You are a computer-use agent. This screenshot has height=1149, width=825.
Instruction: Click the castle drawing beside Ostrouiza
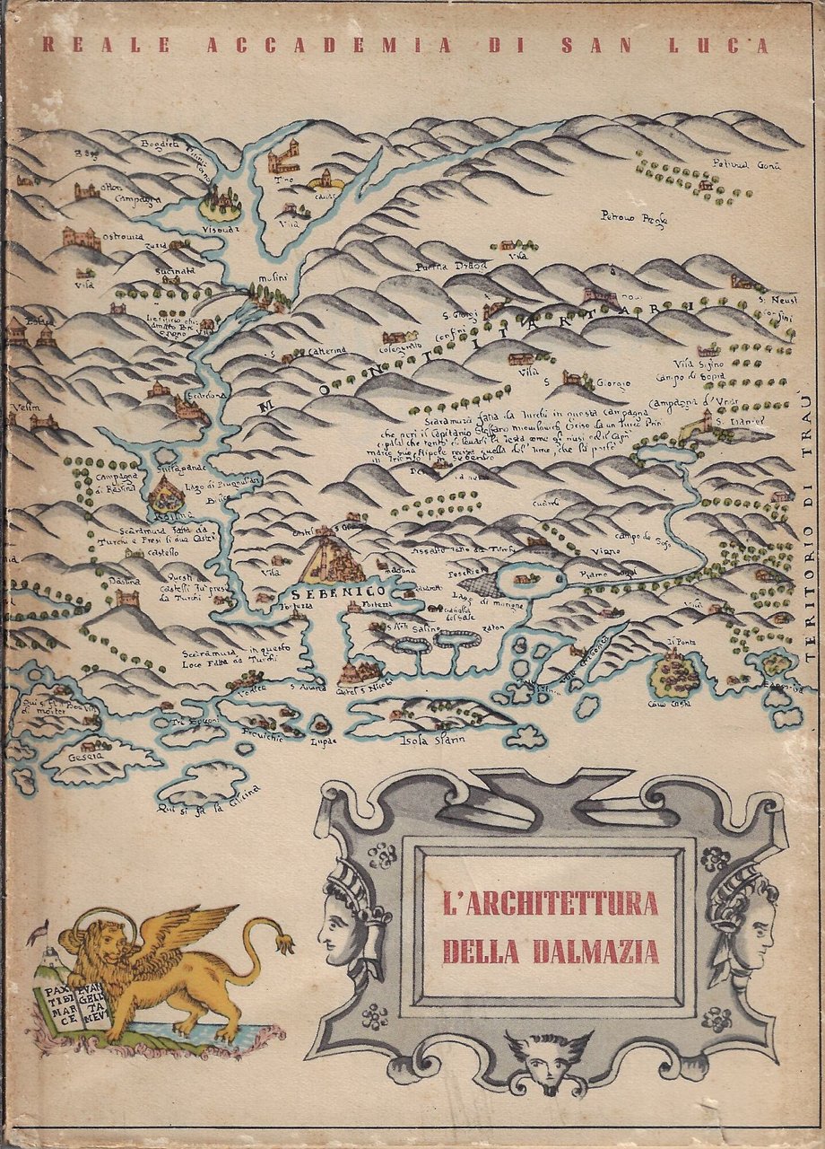[x=79, y=237]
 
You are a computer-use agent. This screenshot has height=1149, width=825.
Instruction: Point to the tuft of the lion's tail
[x=285, y=943]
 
